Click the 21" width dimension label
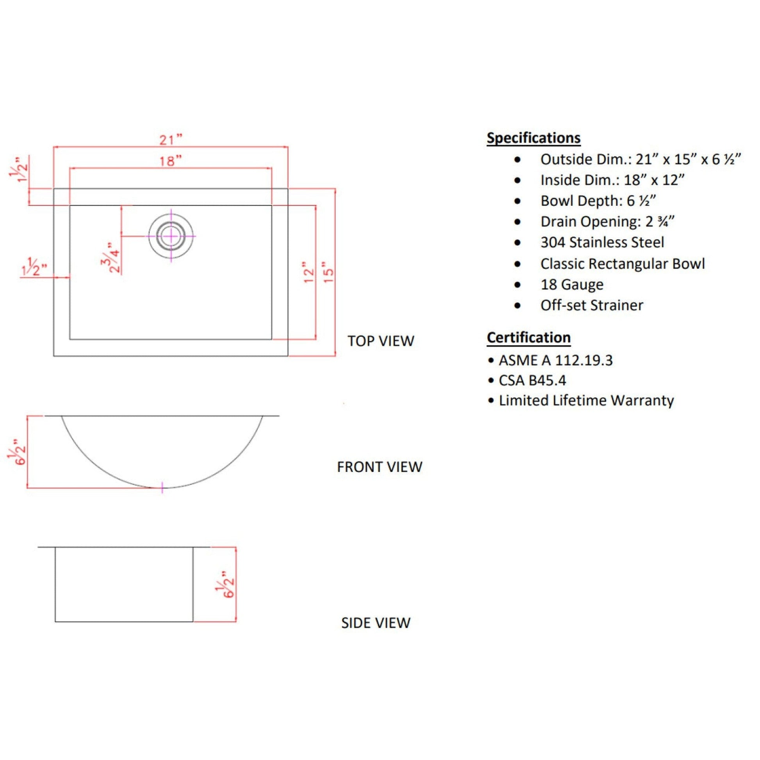pyautogui.click(x=171, y=140)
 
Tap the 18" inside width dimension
pyautogui.click(x=170, y=161)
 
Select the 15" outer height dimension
pyautogui.click(x=328, y=272)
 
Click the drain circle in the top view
pyautogui.click(x=171, y=236)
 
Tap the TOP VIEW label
pyautogui.click(x=380, y=341)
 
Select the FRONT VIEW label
pyautogui.click(x=379, y=467)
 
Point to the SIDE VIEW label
pyautogui.click(x=376, y=623)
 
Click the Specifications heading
pyautogui.click(x=533, y=138)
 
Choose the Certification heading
pyautogui.click(x=528, y=337)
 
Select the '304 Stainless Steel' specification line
pyautogui.click(x=602, y=242)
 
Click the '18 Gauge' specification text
pyautogui.click(x=572, y=284)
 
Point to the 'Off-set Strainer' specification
pyautogui.click(x=592, y=305)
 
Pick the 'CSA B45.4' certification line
pyautogui.click(x=532, y=380)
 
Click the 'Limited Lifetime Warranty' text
pyautogui.click(x=586, y=400)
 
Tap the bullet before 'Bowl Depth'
pyautogui.click(x=517, y=201)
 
